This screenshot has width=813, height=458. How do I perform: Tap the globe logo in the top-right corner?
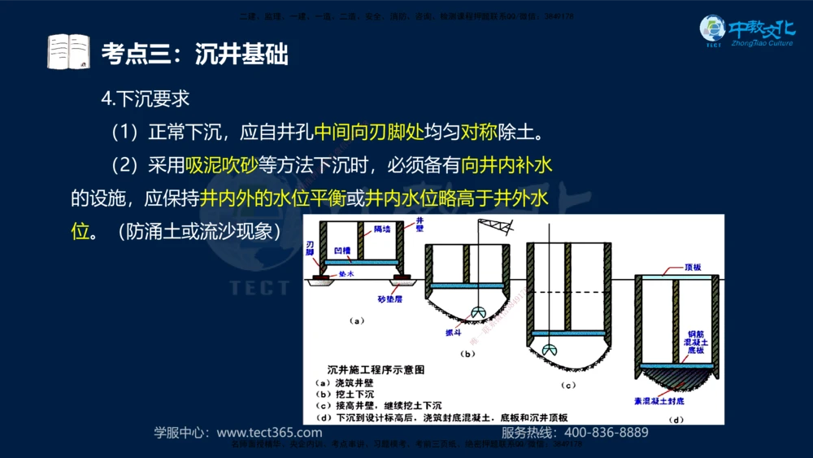713,31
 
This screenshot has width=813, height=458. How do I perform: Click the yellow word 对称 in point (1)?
478,131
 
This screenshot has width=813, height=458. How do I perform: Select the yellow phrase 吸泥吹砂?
221,166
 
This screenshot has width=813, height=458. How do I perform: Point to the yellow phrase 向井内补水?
506,166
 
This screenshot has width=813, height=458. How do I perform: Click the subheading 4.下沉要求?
146,98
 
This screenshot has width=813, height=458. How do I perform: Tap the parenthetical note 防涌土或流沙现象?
198,231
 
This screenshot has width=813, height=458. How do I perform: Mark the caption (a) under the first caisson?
356,321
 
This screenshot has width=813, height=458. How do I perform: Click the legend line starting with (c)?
378,404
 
